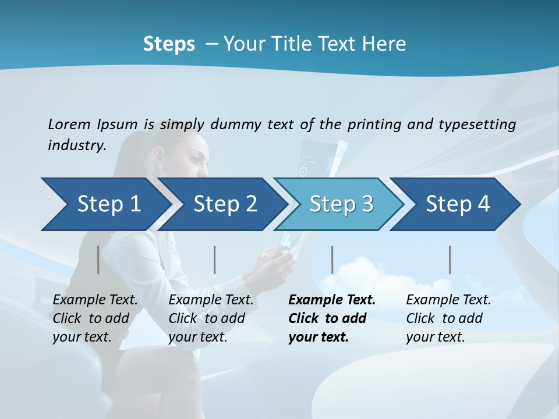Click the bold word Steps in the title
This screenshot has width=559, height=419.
[x=169, y=44]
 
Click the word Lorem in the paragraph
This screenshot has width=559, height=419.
[x=69, y=124]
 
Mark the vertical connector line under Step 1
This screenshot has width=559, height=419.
[x=98, y=260]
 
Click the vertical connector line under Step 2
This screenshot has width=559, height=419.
[x=215, y=260]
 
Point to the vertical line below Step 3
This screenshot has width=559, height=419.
[x=332, y=260]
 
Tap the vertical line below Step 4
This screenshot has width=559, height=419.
[x=450, y=260]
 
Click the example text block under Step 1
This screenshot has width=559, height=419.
[x=95, y=318]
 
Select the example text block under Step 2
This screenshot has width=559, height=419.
[x=211, y=318]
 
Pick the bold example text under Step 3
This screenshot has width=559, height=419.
[x=331, y=318]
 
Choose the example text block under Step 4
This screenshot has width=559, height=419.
[x=448, y=318]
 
